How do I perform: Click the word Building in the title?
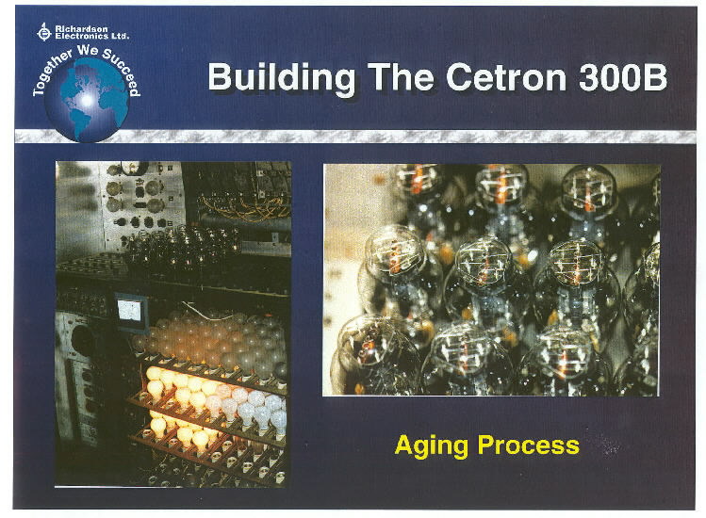[x=282, y=77]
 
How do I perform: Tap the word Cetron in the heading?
[x=506, y=77]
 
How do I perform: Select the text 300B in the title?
[x=623, y=77]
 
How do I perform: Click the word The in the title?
[x=401, y=77]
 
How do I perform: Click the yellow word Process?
[x=528, y=445]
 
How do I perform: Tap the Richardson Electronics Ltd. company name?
[x=91, y=32]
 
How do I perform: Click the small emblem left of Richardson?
[x=44, y=32]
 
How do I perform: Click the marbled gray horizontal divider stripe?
[x=355, y=136]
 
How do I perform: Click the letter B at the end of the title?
[x=656, y=77]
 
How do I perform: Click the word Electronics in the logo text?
[x=75, y=36]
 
